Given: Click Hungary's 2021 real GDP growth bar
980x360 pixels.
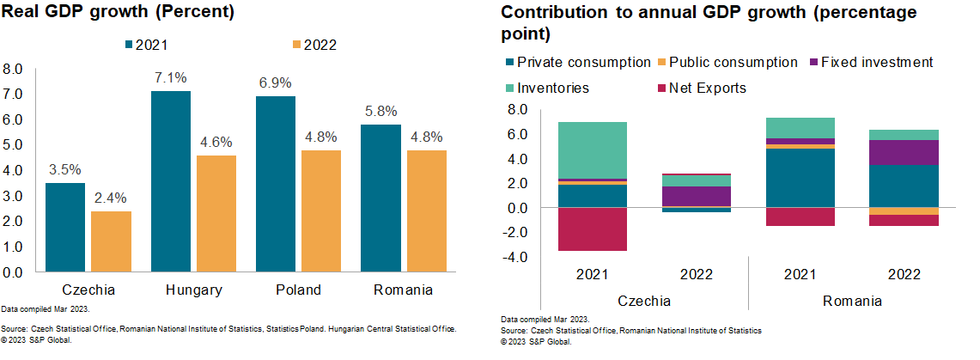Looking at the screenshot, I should [170, 180].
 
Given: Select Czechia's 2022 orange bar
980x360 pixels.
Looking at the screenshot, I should [111, 241].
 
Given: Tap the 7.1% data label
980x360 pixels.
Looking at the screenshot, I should [170, 78].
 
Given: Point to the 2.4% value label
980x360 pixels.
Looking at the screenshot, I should [111, 198].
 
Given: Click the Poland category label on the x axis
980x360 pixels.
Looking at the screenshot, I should [297, 290].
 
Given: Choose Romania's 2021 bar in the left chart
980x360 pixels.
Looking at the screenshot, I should [381, 198].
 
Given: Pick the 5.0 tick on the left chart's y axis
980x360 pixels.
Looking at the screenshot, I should [12, 145].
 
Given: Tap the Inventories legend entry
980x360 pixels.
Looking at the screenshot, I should [553, 88].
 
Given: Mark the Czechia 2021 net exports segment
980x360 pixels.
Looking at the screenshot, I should [592, 229].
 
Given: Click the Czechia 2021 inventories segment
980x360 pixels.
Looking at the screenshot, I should [592, 150].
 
